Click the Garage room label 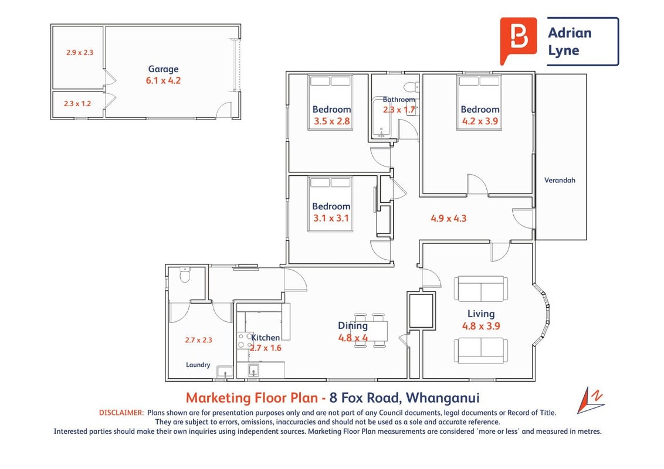click(163, 69)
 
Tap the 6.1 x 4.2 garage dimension click(163, 80)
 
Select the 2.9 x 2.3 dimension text click(80, 53)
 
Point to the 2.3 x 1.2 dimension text click(77, 103)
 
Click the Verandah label click(560, 180)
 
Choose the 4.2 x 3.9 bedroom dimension click(480, 121)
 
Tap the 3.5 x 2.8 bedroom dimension click(331, 121)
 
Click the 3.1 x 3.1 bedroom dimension click(331, 218)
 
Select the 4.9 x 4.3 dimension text click(449, 219)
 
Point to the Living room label click(481, 314)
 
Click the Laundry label click(198, 365)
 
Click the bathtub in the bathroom click(382, 118)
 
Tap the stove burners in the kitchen click(245, 341)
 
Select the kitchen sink click(253, 370)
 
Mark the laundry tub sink click(225, 372)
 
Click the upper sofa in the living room click(480, 288)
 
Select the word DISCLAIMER click(121, 413)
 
